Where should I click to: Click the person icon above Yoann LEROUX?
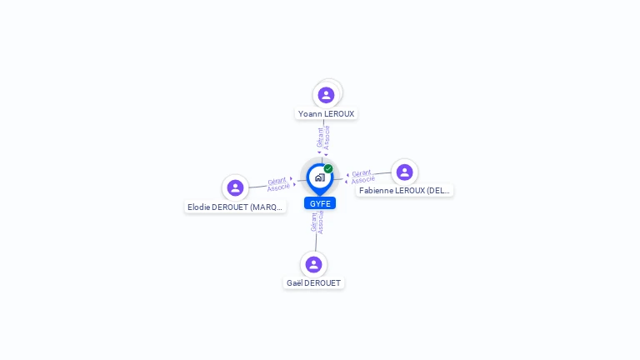(x=326, y=95)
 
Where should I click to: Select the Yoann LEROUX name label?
(x=326, y=113)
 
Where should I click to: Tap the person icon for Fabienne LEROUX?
(x=404, y=172)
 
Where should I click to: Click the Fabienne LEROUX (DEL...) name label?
(x=404, y=190)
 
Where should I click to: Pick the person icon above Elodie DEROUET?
(x=235, y=188)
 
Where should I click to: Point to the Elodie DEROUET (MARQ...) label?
(x=235, y=207)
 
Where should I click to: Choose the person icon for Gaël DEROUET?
(x=313, y=265)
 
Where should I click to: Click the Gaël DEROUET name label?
(x=313, y=282)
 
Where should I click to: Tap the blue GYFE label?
(x=320, y=203)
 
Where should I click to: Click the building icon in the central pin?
(x=319, y=177)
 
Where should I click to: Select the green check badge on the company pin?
(x=328, y=169)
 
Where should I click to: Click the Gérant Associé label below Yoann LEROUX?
(x=323, y=137)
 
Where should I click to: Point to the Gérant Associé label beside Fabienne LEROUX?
(x=362, y=177)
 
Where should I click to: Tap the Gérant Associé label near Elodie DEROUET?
(x=277, y=183)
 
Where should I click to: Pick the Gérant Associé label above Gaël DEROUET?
(x=317, y=223)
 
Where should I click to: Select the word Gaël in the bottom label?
(x=294, y=282)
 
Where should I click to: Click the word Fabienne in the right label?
(x=377, y=190)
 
